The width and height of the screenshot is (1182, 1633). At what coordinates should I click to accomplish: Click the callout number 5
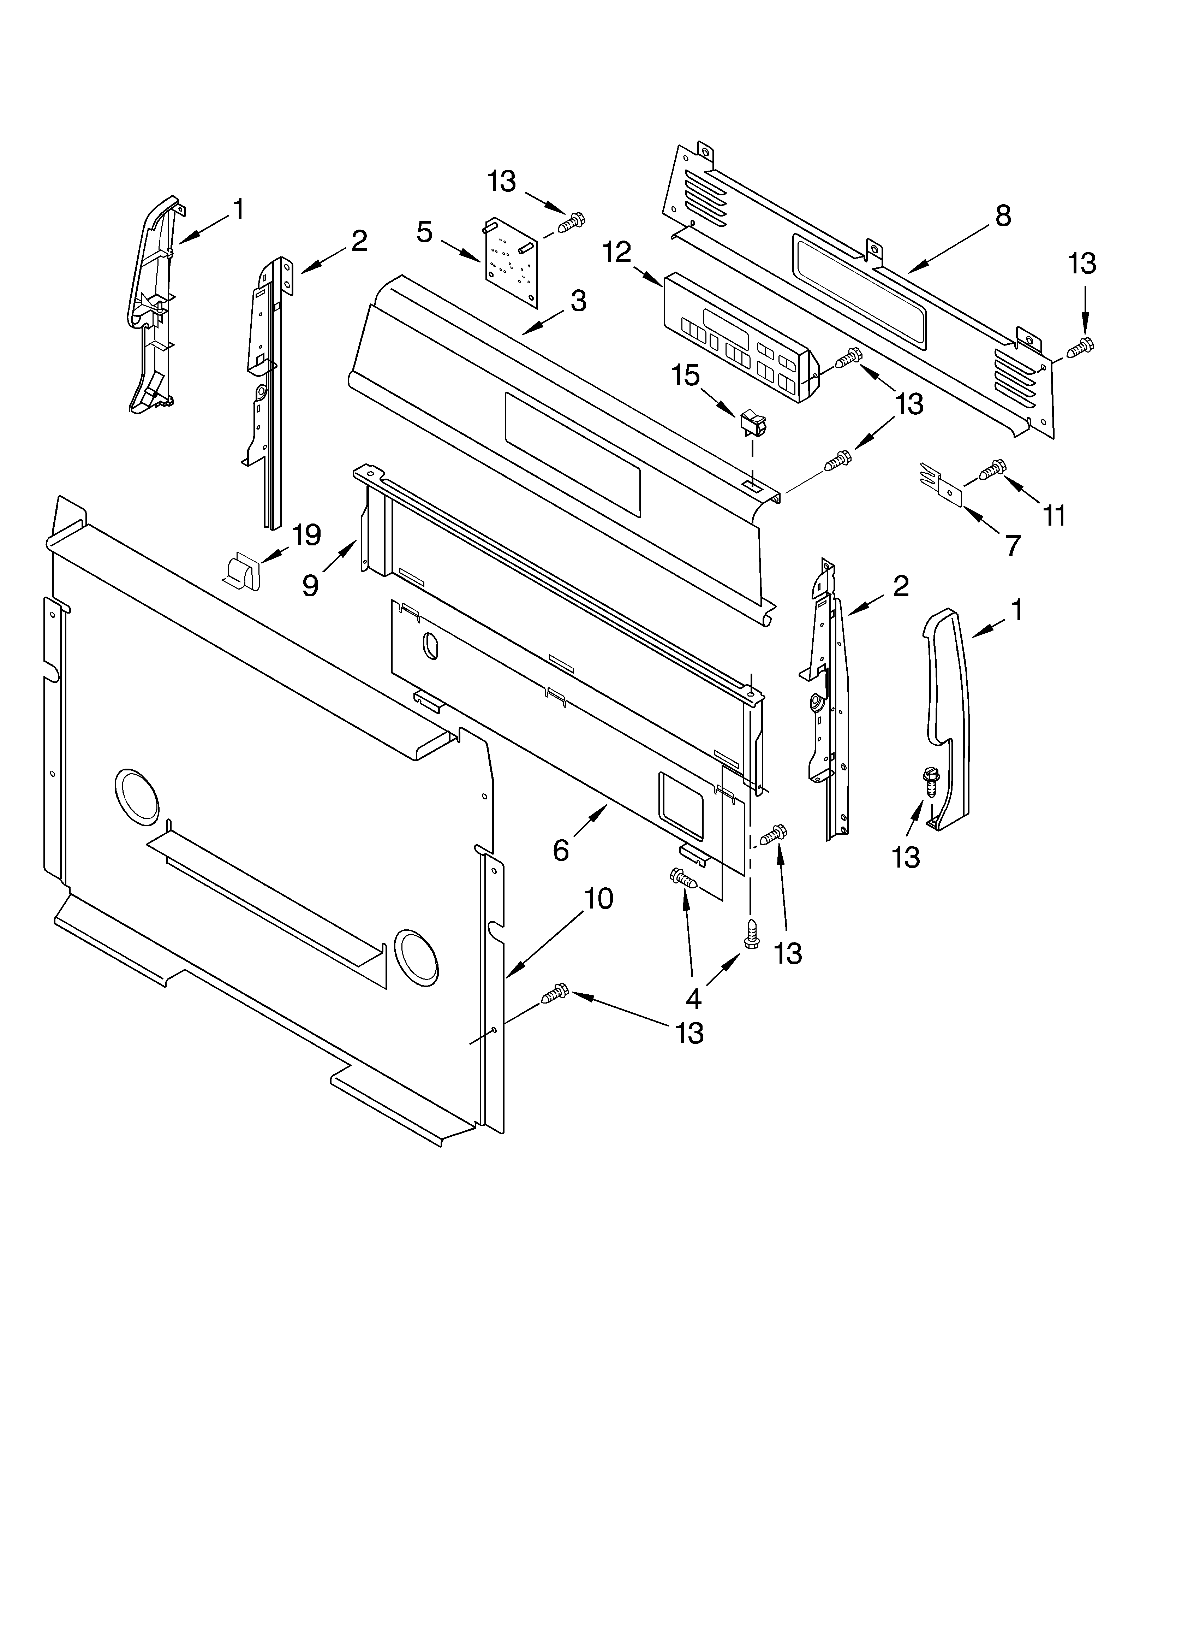tap(425, 232)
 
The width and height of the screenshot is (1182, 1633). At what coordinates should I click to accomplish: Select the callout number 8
tap(1003, 216)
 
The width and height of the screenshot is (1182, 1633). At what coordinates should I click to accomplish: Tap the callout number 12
tap(617, 252)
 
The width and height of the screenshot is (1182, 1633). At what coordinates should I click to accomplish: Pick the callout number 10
tap(598, 899)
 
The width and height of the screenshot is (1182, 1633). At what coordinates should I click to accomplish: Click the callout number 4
tap(693, 999)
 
